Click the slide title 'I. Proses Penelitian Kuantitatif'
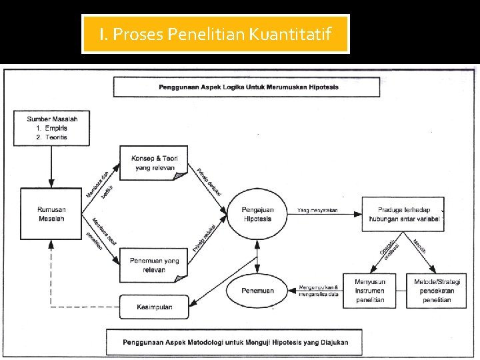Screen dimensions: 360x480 point(215,34)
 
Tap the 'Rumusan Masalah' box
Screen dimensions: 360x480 point(51,214)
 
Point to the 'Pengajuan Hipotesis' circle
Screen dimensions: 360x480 point(257,214)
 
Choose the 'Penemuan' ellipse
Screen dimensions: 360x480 point(257,291)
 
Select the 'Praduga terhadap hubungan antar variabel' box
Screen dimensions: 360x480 point(402,214)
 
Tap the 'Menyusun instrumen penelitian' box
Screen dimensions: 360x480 point(369,291)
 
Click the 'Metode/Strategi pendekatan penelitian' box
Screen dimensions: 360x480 point(437,291)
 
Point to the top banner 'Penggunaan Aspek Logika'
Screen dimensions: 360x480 point(248,87)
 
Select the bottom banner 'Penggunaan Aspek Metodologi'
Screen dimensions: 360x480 point(235,342)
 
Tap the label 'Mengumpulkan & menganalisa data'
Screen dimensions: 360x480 point(319,291)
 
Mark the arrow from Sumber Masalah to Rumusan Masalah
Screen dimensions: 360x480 point(51,167)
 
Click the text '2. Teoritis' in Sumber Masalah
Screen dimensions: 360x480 point(51,137)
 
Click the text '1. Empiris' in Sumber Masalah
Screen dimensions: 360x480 point(51,128)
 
